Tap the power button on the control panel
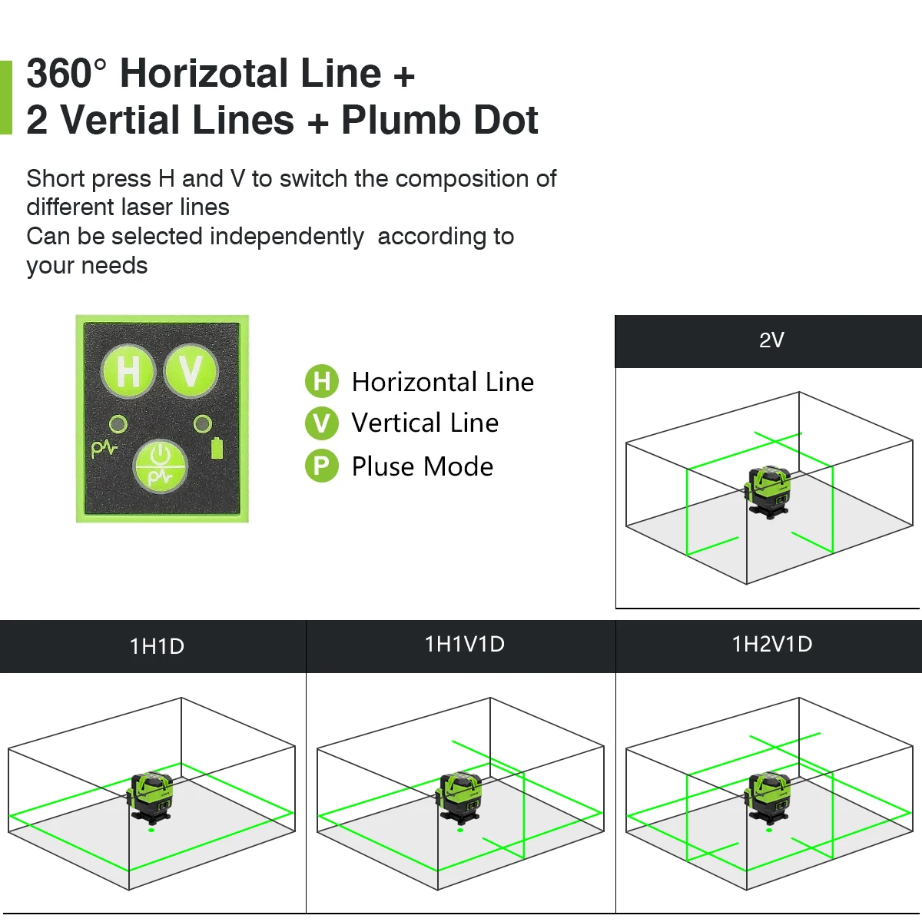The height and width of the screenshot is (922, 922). [160, 466]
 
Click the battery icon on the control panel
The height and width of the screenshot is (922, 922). [217, 448]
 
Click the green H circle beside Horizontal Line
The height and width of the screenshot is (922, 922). [321, 381]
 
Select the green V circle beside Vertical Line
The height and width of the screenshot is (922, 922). [321, 423]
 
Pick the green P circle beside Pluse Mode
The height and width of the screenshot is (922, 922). [321, 466]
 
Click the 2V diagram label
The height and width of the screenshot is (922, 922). [771, 340]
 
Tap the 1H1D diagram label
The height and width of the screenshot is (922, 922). [157, 646]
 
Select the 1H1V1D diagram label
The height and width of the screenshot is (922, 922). [465, 644]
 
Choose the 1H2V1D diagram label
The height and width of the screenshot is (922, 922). [772, 644]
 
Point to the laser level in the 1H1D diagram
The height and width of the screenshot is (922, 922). [150, 797]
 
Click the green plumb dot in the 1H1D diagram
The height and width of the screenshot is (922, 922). [151, 830]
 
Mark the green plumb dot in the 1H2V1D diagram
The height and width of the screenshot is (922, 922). [769, 830]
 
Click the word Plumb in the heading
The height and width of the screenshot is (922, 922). [402, 120]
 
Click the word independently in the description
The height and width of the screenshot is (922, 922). [287, 237]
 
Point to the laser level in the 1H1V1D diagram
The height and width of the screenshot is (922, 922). [459, 797]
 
